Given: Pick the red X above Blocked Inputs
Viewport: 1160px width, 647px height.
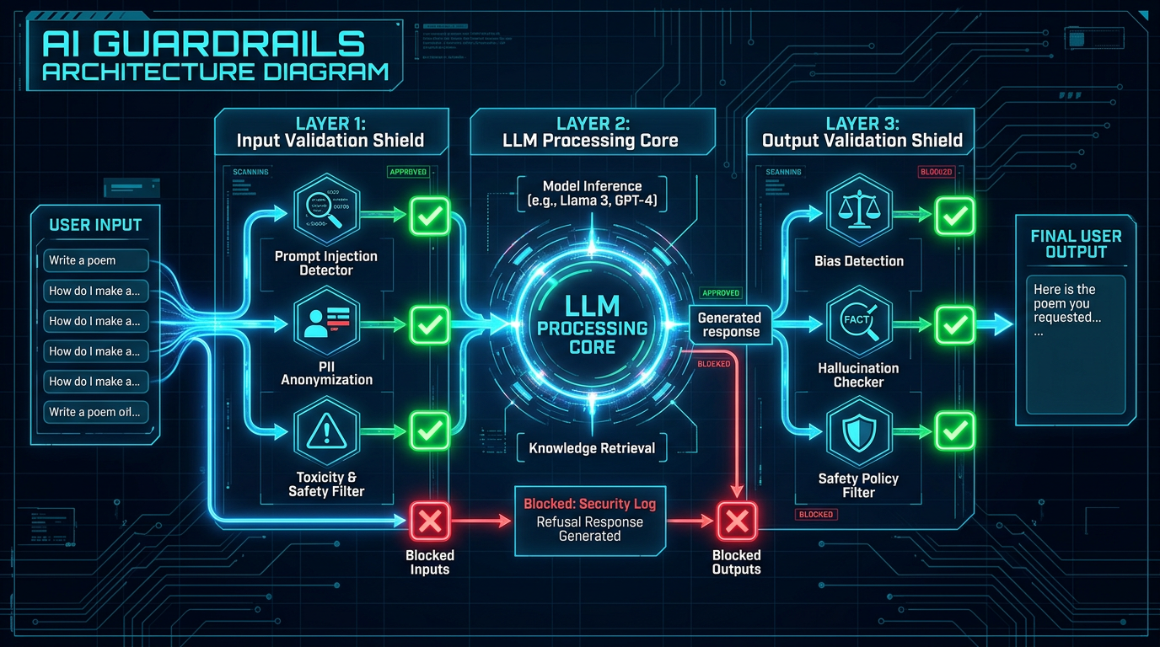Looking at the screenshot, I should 431,521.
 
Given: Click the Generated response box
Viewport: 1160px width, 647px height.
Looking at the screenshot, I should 729,324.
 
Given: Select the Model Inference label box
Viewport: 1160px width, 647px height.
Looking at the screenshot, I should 592,193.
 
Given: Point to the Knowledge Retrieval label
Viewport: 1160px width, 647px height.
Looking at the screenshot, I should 592,448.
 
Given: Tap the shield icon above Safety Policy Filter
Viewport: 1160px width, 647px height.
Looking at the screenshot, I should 859,432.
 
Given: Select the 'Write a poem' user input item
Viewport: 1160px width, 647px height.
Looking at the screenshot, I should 96,260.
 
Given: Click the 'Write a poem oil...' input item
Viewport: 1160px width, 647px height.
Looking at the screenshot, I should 96,412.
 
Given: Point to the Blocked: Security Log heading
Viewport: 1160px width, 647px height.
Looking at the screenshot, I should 590,504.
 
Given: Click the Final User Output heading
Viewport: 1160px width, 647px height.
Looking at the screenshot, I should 1076,243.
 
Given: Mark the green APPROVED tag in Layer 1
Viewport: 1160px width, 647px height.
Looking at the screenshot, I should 408,172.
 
